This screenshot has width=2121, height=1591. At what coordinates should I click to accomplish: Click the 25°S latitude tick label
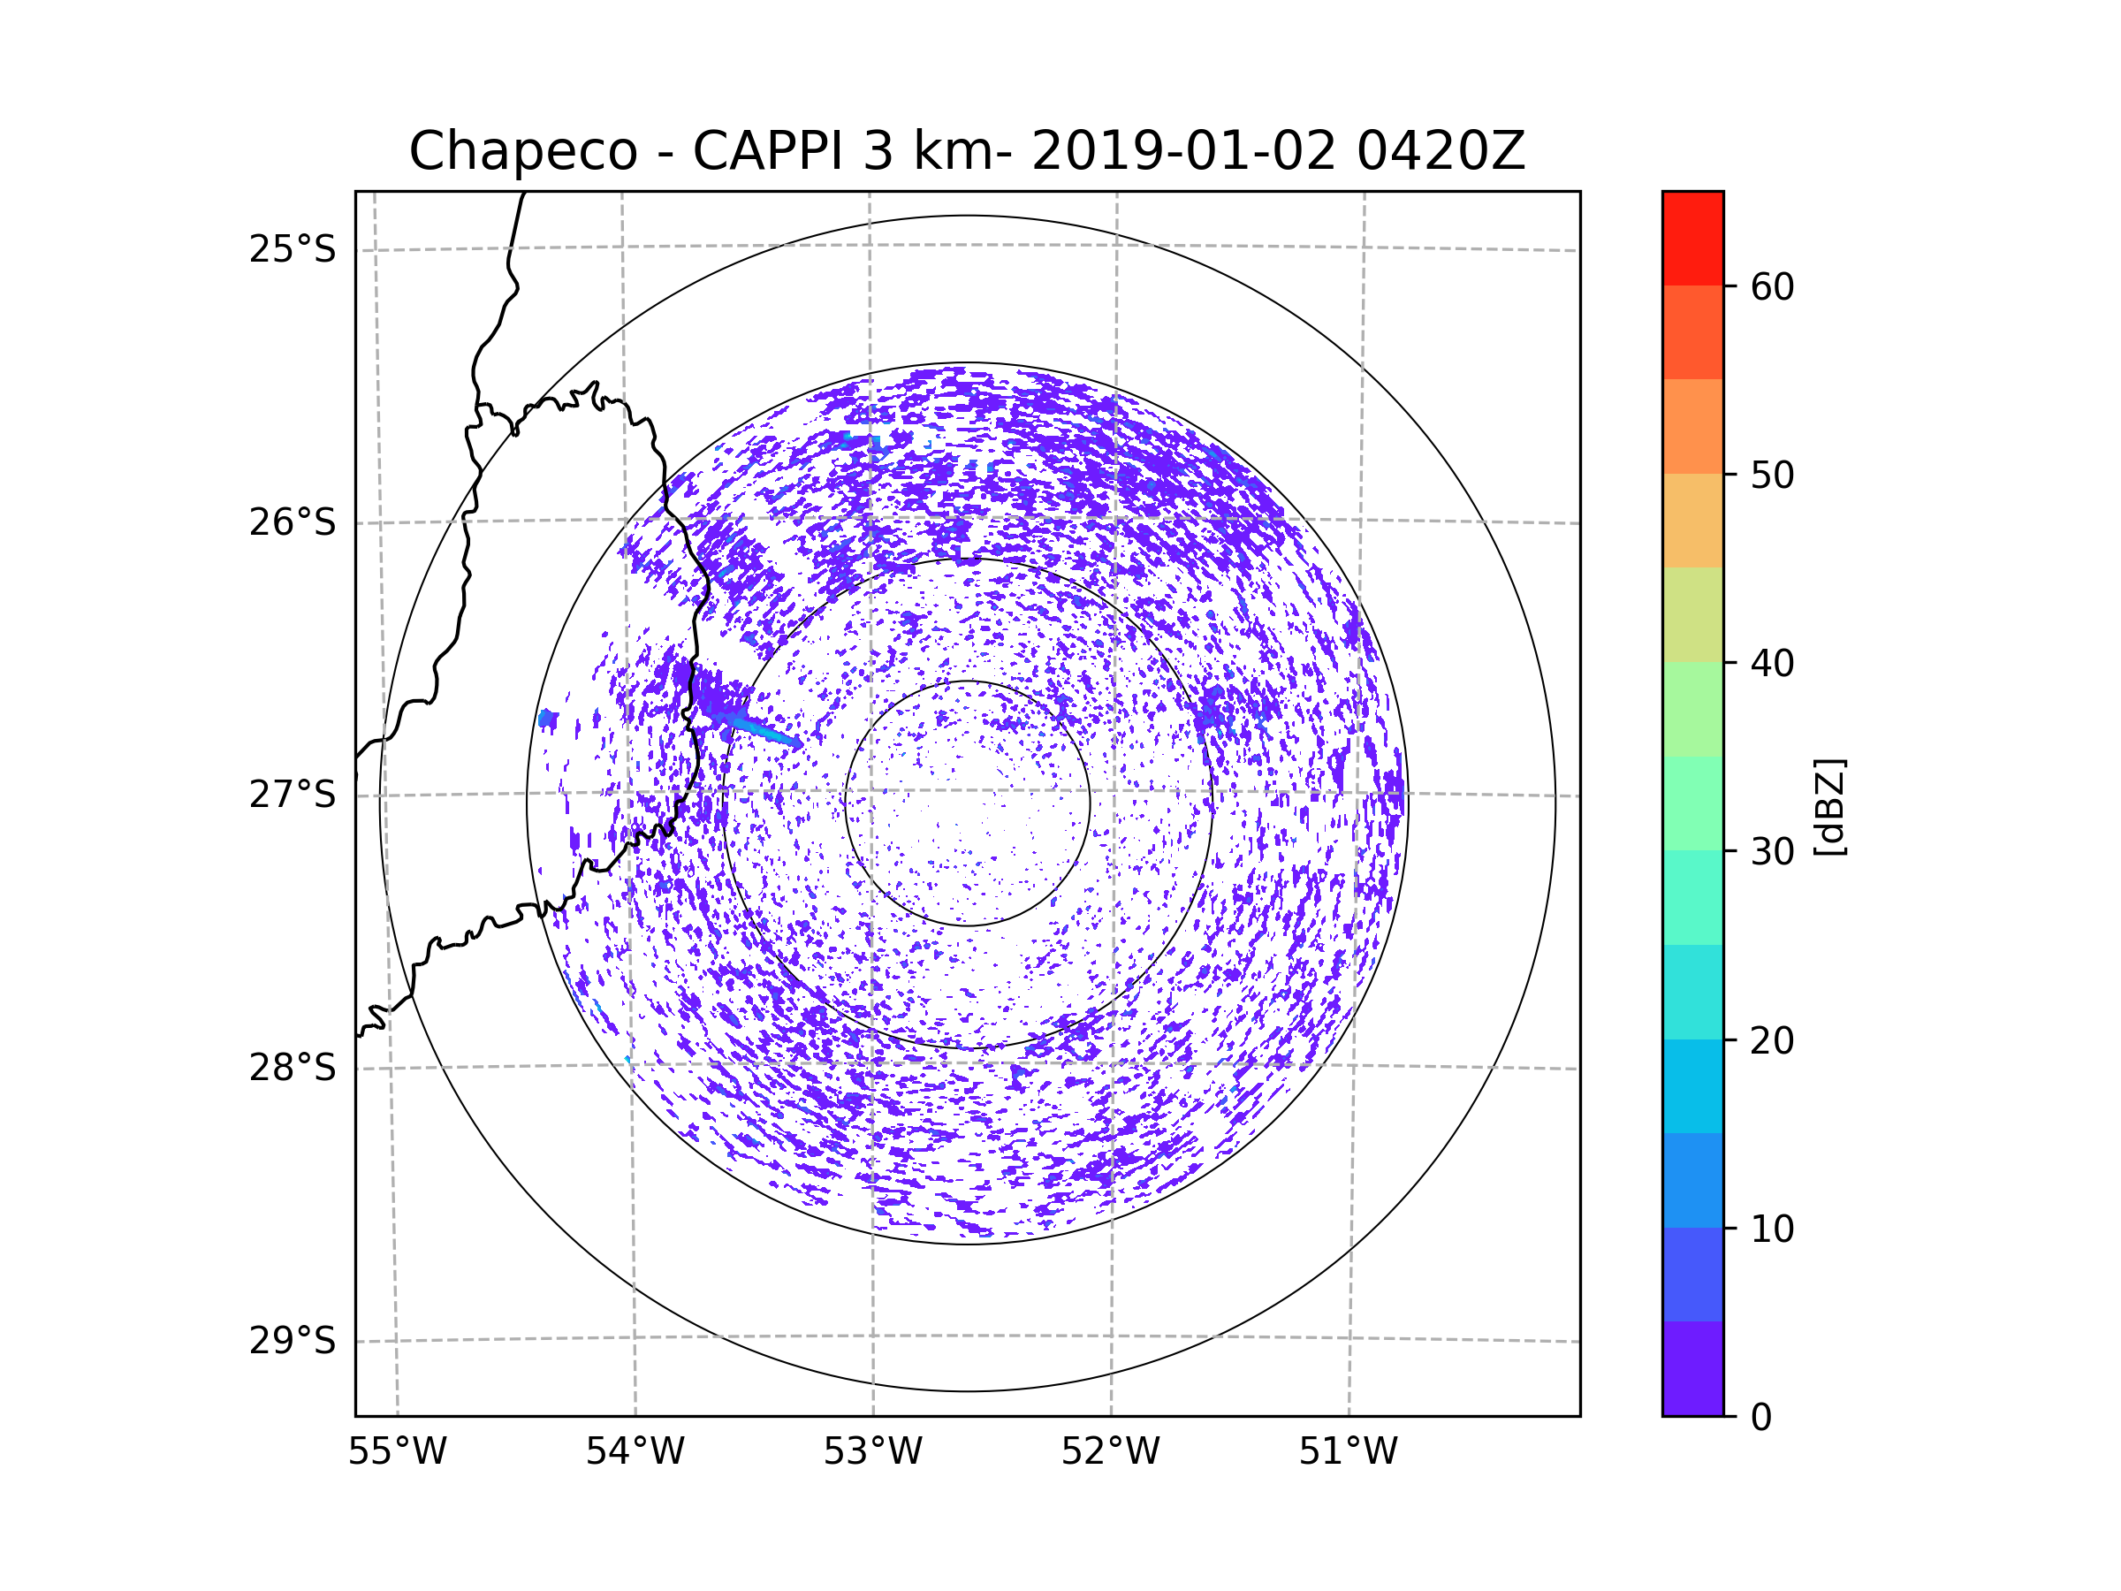click(x=293, y=249)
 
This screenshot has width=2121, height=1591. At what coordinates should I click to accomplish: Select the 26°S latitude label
click(x=293, y=522)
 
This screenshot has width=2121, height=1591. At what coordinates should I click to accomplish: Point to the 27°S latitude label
click(x=293, y=795)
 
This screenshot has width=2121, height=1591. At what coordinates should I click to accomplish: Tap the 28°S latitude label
click(x=293, y=1068)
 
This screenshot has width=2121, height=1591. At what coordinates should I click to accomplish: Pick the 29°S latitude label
click(x=293, y=1341)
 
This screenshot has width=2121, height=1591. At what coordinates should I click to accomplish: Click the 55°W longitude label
click(x=397, y=1452)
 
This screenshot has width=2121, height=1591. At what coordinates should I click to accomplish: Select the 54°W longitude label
click(x=635, y=1452)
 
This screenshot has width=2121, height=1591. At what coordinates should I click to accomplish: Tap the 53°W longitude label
click(x=872, y=1452)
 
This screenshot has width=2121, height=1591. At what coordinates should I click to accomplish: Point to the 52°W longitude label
click(x=1110, y=1452)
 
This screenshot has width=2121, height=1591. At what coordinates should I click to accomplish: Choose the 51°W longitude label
click(x=1348, y=1452)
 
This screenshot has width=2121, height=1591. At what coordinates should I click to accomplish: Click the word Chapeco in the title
click(x=523, y=151)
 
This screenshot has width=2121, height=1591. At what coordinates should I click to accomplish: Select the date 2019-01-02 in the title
click(x=1183, y=150)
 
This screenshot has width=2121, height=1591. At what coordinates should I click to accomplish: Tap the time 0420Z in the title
click(x=1441, y=150)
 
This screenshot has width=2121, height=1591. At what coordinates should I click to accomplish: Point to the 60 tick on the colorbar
click(x=1772, y=286)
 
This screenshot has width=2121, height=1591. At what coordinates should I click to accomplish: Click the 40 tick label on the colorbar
click(x=1772, y=664)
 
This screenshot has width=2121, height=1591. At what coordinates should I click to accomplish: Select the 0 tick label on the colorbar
click(x=1761, y=1418)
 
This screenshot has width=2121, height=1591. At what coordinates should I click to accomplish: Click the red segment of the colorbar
click(x=1692, y=239)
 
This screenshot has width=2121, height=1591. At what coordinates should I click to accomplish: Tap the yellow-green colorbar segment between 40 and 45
click(x=1692, y=614)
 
